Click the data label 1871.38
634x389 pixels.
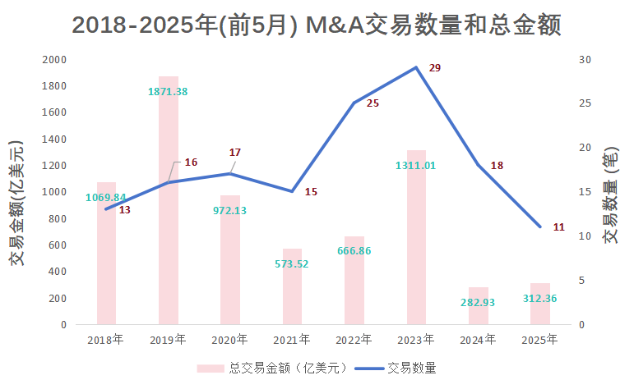(x=168, y=91)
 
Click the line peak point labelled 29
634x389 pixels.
(x=417, y=67)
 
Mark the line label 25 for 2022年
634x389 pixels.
(x=373, y=103)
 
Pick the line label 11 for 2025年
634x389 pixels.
(x=558, y=227)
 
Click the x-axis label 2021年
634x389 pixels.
(x=293, y=339)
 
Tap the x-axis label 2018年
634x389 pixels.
(x=106, y=339)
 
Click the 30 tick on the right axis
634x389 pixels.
(x=585, y=60)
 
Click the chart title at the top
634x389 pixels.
(x=317, y=25)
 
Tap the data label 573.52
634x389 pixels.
(x=292, y=263)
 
